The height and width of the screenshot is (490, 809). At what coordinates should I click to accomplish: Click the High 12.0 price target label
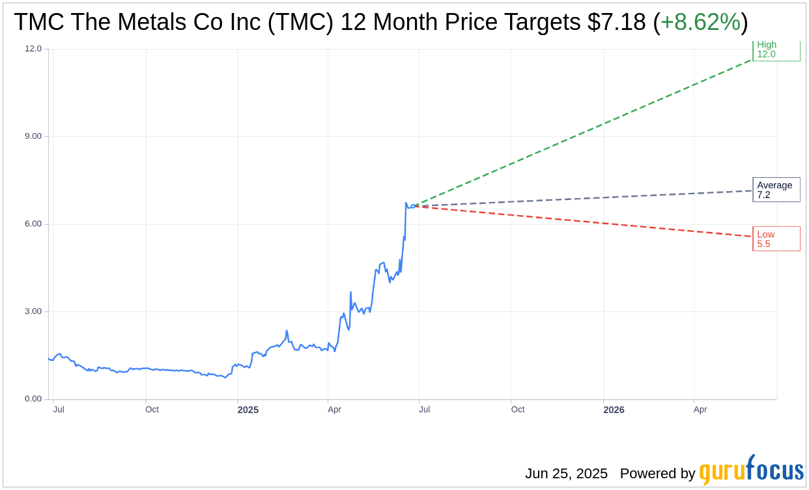(776, 50)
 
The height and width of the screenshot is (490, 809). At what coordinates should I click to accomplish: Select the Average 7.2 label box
(776, 190)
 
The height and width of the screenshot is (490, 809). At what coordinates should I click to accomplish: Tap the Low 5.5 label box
(776, 239)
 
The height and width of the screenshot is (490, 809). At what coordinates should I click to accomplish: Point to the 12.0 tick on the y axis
(33, 49)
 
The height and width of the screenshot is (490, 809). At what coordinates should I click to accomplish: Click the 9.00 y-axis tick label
(33, 136)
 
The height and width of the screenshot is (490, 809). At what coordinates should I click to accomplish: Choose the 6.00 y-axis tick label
(33, 224)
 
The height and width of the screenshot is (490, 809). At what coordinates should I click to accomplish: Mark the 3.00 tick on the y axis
(33, 311)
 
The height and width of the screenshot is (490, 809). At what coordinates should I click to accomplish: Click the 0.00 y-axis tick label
(33, 399)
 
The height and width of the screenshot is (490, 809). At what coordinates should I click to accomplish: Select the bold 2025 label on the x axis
(248, 410)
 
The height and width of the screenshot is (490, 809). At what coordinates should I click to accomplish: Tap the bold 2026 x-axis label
(614, 410)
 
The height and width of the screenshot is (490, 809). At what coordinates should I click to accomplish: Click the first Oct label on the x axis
(152, 410)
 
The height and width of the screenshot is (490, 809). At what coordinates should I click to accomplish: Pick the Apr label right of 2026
(700, 410)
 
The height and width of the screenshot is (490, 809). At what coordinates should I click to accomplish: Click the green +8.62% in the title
(700, 22)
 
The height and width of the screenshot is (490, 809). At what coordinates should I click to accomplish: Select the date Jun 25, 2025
(566, 474)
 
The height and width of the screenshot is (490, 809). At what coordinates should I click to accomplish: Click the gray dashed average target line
(586, 198)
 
